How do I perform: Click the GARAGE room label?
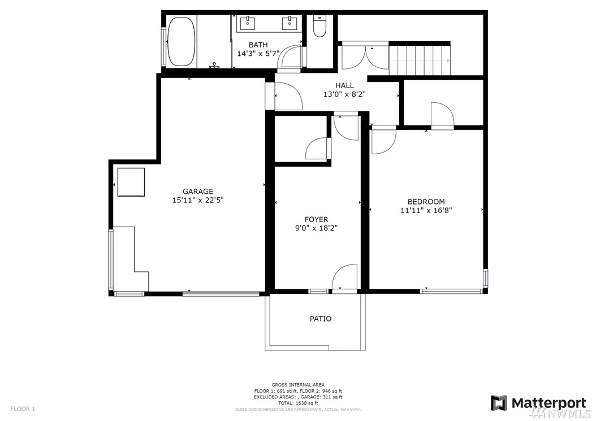point(198,192)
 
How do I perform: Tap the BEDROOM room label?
point(426,202)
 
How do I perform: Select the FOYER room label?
point(316,220)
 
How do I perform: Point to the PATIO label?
point(321,319)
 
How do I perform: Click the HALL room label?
point(344,85)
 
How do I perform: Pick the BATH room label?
point(258,45)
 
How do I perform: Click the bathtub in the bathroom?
point(182,41)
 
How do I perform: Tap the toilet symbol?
point(319,26)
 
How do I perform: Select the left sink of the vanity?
point(248,23)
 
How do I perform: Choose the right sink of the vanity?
point(290,23)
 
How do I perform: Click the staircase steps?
point(419,60)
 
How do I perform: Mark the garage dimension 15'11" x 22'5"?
point(198,200)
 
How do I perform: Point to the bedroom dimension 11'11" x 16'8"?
point(426,210)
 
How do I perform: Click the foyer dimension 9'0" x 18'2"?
point(316,228)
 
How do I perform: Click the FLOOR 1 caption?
point(23,409)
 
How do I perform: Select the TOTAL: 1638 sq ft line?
point(297,403)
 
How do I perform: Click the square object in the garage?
point(131,182)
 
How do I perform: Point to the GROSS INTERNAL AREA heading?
point(298,385)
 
